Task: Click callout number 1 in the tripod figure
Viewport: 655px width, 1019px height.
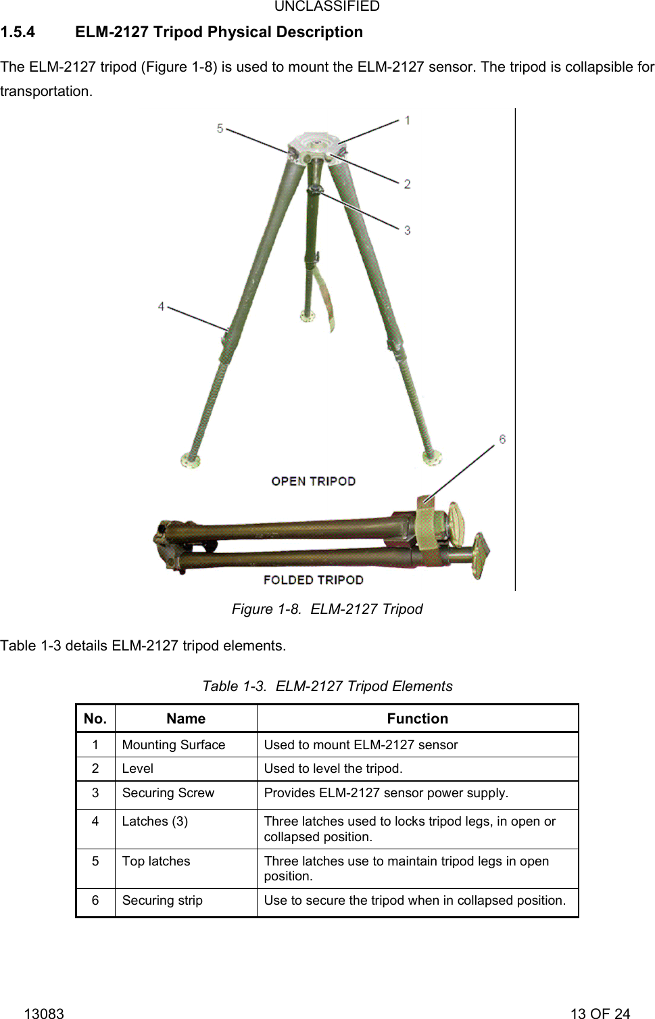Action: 408,120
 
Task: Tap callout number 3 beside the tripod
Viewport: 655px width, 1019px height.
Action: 408,231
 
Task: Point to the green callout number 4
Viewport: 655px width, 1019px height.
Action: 161,306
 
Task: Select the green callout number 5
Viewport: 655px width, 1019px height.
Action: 220,128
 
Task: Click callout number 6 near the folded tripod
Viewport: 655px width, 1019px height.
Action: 502,440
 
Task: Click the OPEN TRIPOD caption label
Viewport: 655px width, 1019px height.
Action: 313,481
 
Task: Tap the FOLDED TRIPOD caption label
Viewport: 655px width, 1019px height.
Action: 313,580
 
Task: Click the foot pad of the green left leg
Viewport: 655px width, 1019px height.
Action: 190,461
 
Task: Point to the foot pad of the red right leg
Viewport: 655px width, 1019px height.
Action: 432,458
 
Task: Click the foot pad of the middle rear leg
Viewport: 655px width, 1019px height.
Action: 308,316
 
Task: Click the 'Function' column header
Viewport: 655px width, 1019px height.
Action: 417,719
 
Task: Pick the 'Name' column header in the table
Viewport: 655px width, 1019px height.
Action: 186,719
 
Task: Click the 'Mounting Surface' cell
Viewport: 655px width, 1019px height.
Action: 174,744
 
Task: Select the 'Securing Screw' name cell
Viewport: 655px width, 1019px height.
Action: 168,792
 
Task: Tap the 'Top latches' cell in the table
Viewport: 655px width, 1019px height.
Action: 156,861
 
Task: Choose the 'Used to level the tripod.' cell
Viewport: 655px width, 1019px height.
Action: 333,768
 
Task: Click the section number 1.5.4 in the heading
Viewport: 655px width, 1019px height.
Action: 18,32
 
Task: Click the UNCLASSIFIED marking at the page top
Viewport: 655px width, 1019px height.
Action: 327,7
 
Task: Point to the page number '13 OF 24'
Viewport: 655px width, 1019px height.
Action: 600,1013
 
